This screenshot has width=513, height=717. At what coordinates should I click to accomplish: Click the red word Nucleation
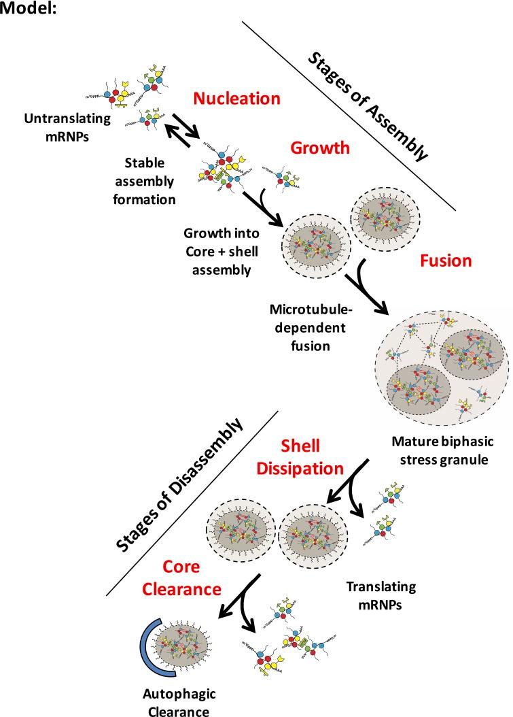tap(236, 99)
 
